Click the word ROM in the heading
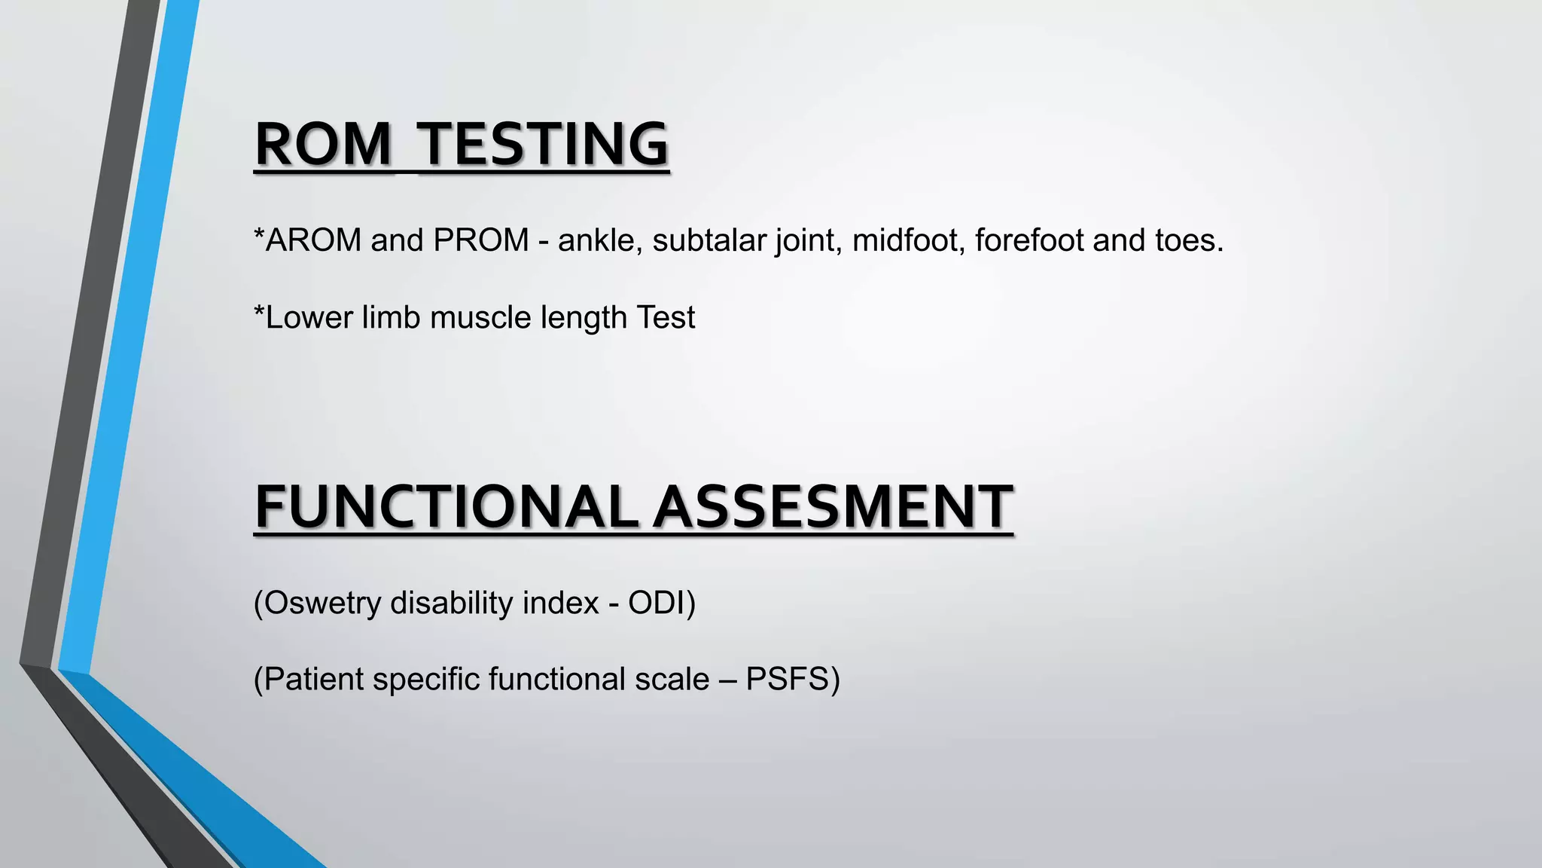323,144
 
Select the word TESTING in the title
543,144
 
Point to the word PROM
481,240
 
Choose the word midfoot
908,240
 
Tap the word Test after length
666,317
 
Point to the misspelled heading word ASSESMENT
833,506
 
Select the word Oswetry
322,603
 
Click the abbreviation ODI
657,603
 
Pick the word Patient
313,679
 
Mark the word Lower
309,317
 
